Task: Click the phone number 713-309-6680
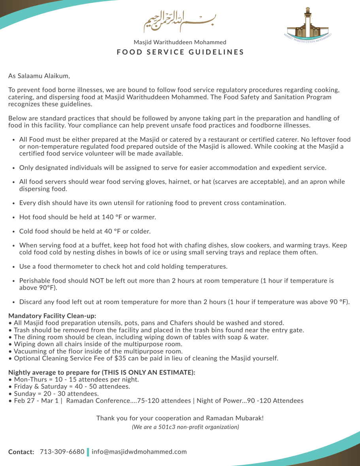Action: (62, 451)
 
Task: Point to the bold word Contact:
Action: (21, 452)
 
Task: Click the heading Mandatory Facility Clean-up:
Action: (53, 316)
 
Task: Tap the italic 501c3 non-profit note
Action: (185, 426)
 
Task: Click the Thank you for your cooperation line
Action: (180, 418)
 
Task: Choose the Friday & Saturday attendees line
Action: (70, 387)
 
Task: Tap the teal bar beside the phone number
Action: (88, 452)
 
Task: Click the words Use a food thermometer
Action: (54, 266)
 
